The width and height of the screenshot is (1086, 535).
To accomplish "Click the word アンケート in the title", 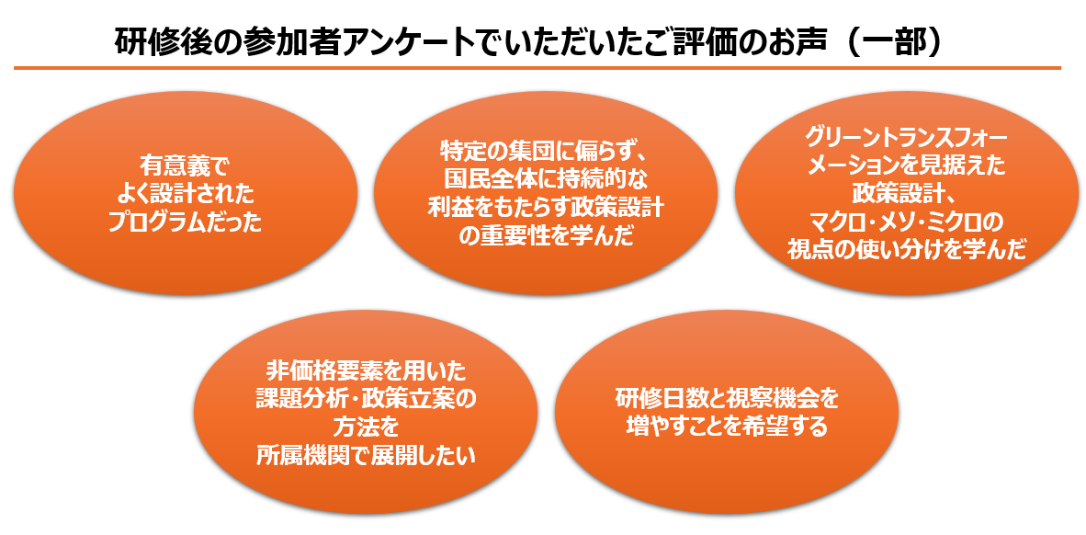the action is (389, 42).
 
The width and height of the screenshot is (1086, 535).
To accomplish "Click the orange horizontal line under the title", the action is (537, 68).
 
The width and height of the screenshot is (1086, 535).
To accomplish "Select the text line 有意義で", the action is (185, 165).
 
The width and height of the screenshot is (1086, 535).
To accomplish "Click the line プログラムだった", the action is (185, 222).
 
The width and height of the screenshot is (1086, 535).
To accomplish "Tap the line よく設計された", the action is (185, 194).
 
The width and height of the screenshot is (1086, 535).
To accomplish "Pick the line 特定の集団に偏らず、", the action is (545, 150).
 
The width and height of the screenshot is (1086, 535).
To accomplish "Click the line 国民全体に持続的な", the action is (545, 179).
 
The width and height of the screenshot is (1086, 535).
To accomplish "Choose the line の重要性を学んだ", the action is (545, 236).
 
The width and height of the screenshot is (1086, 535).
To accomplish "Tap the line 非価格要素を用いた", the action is (366, 370).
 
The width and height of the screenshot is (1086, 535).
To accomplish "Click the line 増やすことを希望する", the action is (727, 427).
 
